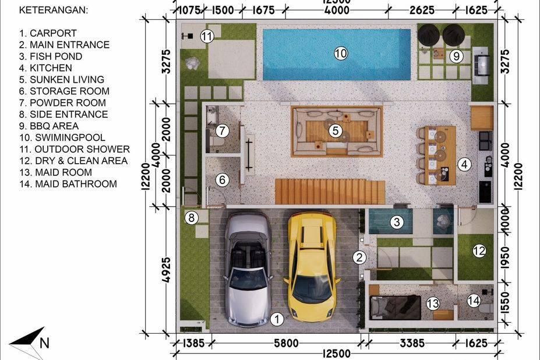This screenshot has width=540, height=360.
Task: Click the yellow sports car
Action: (312, 267)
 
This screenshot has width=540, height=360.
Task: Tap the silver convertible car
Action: (249, 269)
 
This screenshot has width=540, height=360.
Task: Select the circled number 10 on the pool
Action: (341, 54)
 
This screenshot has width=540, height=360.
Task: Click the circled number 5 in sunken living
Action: (336, 130)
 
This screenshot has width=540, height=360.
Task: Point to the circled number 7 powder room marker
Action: (223, 130)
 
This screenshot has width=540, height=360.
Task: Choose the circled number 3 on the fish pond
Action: (397, 222)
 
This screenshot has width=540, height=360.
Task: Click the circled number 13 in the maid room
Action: (433, 303)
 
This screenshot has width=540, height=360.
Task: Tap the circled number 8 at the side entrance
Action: (192, 218)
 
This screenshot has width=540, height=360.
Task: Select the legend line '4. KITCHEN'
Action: (45, 68)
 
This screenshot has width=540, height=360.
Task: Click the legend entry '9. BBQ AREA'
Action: (49, 126)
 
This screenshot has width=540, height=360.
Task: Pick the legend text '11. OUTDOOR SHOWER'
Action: (75, 149)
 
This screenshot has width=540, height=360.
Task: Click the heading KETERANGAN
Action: (54, 10)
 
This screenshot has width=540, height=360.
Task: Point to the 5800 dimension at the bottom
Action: (286, 343)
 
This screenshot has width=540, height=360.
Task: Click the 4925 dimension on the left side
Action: (166, 270)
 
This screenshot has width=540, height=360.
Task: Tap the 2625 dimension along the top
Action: (422, 10)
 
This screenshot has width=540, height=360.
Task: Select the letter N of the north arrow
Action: (44, 343)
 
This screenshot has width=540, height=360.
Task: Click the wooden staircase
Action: (330, 192)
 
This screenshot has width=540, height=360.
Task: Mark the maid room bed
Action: (396, 308)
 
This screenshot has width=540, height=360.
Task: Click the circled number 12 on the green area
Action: (479, 251)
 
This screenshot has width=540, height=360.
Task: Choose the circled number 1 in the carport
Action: (277, 319)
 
